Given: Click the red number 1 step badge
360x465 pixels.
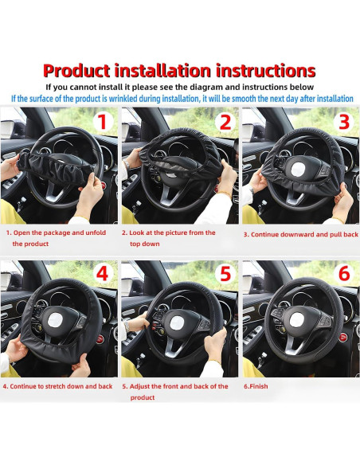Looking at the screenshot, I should click(100, 122).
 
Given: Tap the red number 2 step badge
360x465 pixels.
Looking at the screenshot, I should click(225, 122).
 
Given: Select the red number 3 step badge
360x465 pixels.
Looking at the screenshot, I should click(343, 122).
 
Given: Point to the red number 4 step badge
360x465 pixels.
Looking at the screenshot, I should click(100, 275).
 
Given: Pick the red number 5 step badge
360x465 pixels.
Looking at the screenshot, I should click(225, 275).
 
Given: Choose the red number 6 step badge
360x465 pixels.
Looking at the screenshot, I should click(343, 275).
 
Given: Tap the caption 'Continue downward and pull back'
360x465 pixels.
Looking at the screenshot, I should click(300, 235).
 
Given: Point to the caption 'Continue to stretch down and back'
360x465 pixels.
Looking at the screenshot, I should click(57, 385).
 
